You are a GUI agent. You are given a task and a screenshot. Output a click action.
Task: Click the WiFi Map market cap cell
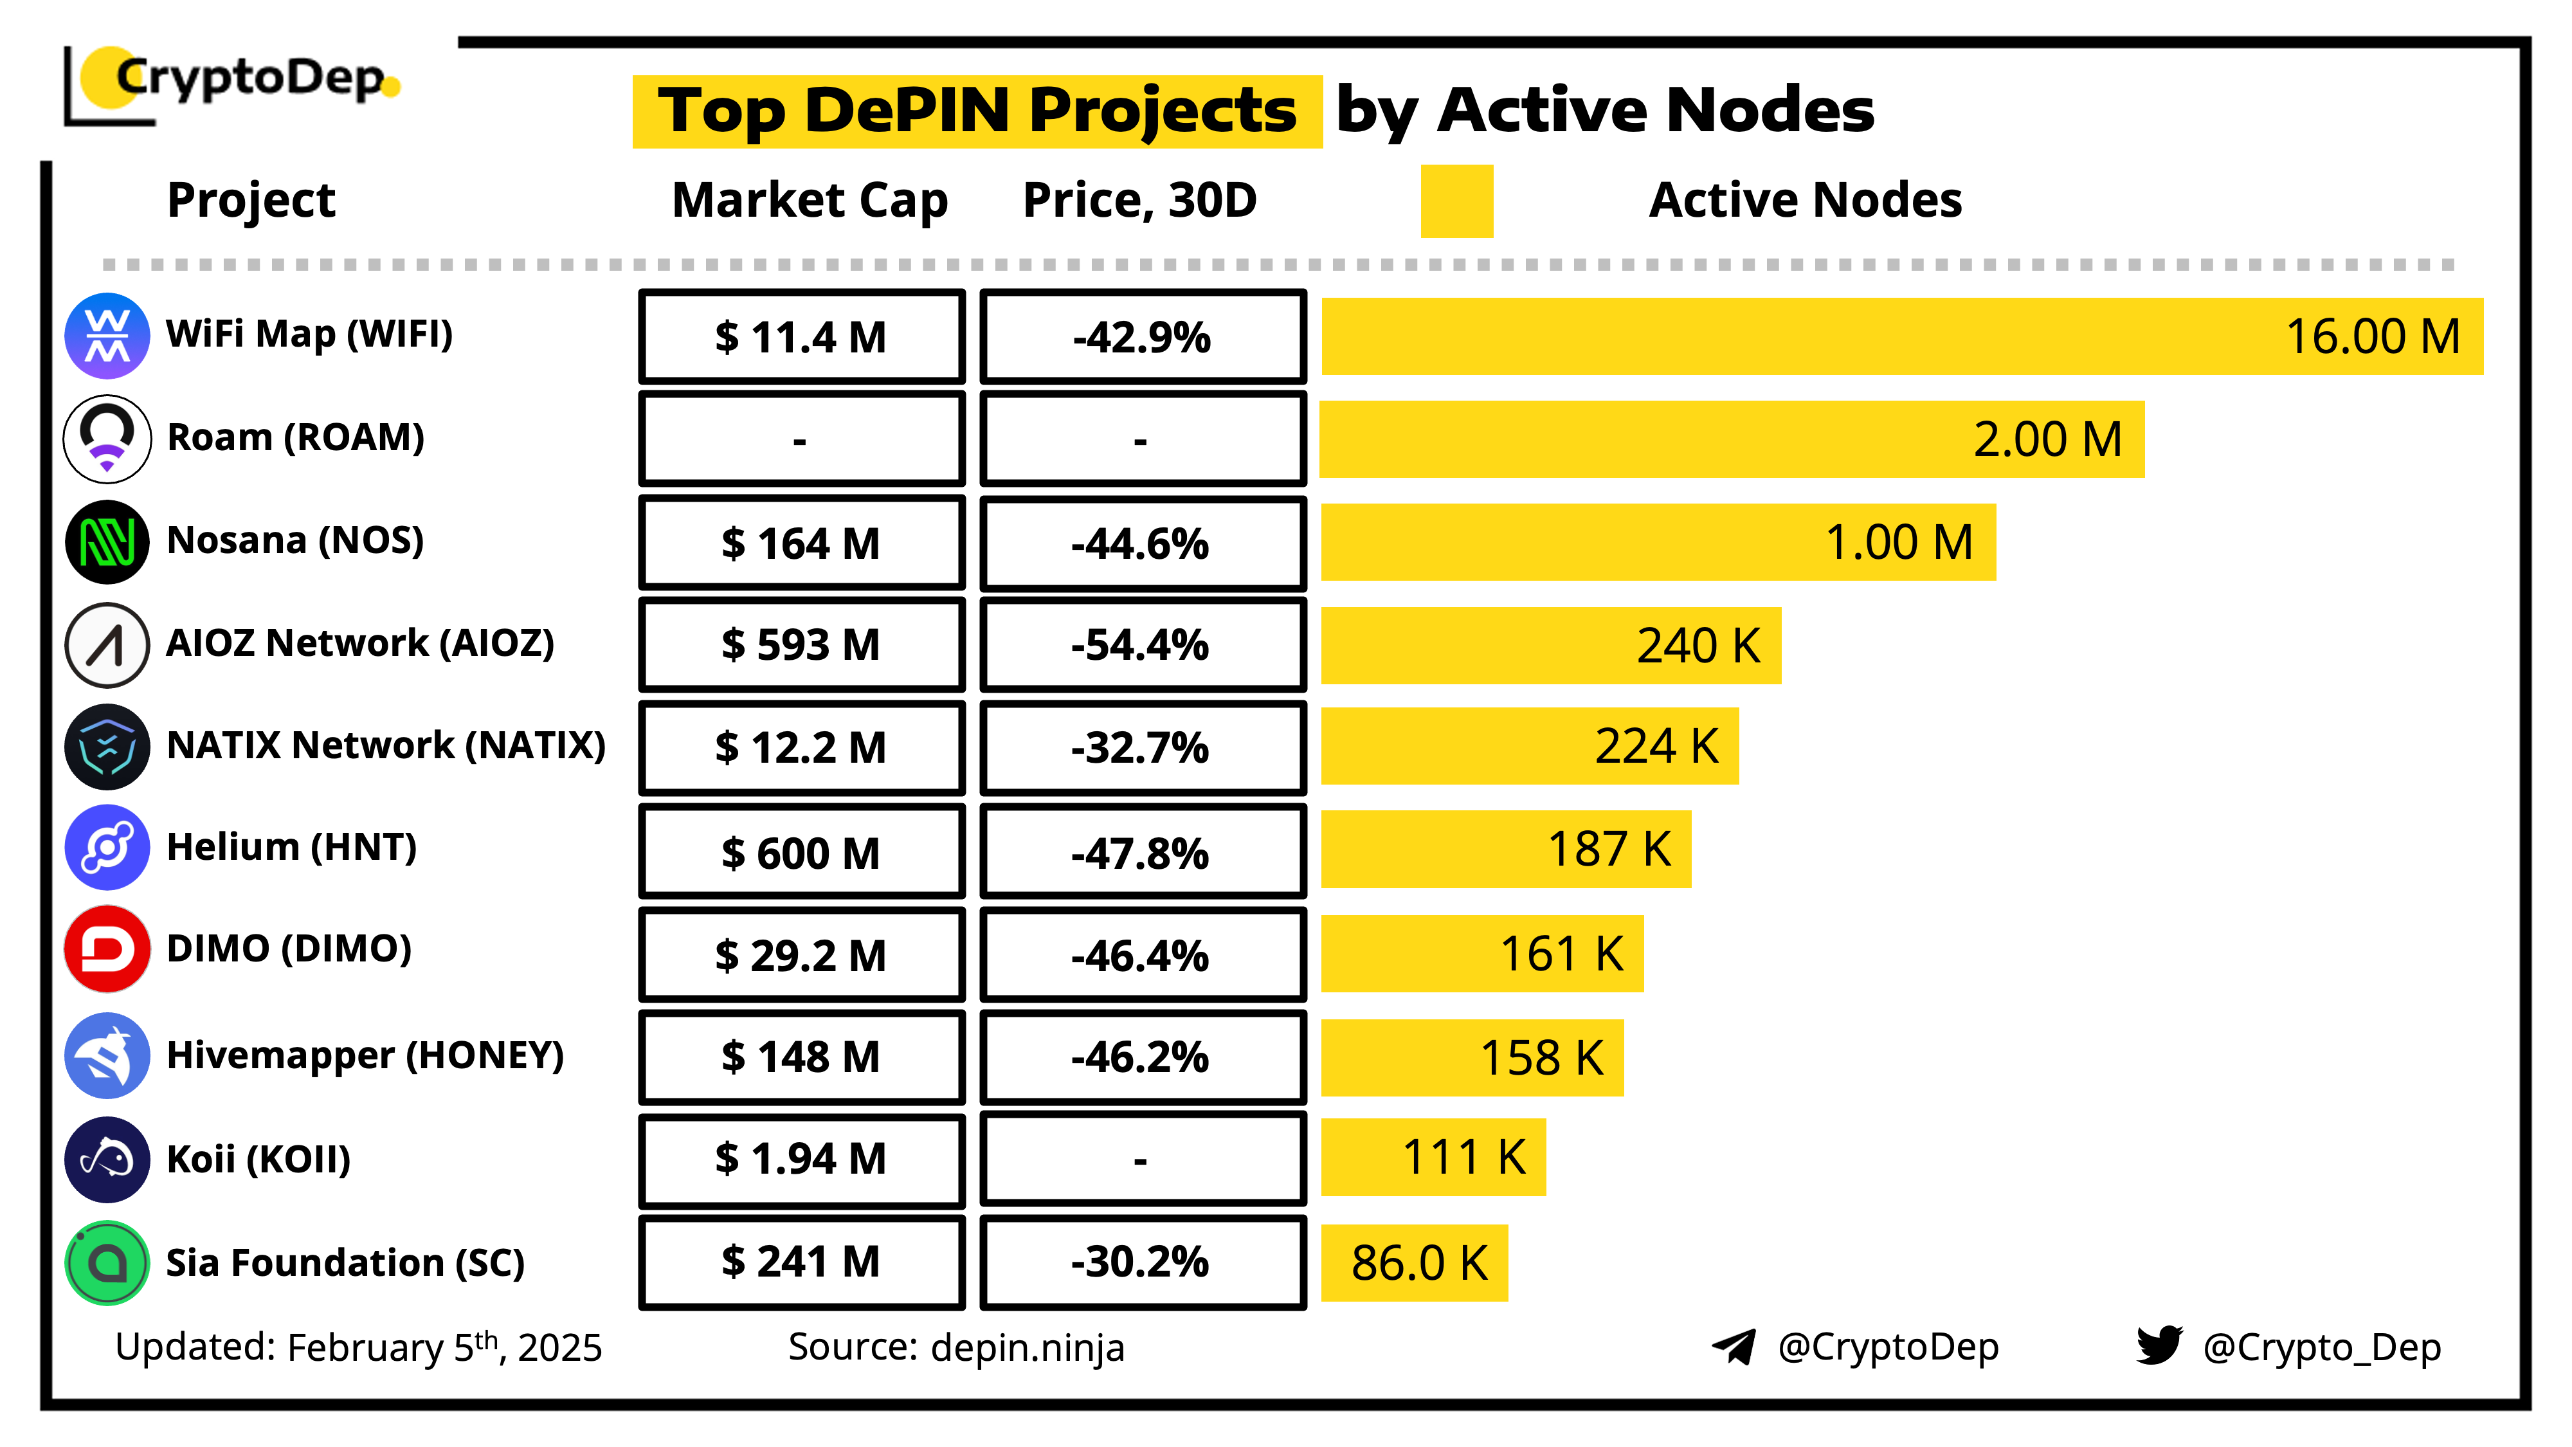point(801,336)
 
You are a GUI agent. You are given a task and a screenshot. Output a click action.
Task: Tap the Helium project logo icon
point(107,848)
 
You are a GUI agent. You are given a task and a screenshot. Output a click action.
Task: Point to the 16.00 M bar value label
point(2372,336)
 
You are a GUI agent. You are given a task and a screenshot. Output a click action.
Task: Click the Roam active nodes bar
point(1732,439)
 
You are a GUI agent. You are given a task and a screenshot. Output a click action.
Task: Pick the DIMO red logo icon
point(107,949)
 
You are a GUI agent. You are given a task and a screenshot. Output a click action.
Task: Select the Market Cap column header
point(809,200)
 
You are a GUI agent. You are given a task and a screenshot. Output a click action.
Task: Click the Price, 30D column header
point(1139,200)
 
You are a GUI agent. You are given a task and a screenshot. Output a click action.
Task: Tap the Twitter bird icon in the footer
point(2159,1345)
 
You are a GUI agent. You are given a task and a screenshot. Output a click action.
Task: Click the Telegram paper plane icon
point(1734,1346)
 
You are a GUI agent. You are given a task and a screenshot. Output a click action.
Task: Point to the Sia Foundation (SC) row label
point(345,1262)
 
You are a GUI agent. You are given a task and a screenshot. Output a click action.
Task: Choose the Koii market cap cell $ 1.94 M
point(801,1158)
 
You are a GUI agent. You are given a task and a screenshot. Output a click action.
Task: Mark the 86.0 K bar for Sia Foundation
point(1414,1262)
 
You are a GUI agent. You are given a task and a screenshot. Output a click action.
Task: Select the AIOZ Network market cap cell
point(801,644)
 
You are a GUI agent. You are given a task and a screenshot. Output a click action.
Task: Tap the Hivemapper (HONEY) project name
point(365,1055)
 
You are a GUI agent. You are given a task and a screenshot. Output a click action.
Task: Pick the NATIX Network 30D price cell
point(1142,747)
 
